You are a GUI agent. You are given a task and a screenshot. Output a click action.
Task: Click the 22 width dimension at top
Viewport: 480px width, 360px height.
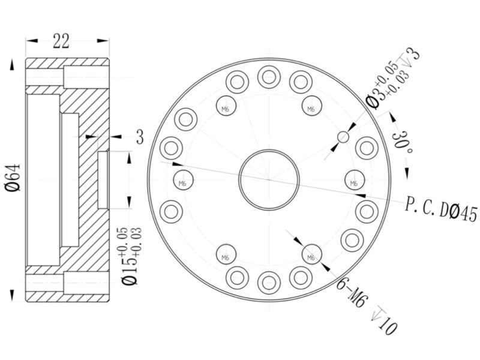pos(61,41)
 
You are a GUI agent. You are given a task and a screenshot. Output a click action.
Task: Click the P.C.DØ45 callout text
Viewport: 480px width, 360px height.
pos(441,209)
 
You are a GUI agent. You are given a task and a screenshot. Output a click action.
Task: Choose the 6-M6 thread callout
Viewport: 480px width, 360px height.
pos(351,293)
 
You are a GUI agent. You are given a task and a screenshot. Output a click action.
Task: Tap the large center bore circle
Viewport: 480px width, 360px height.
pos(269,150)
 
